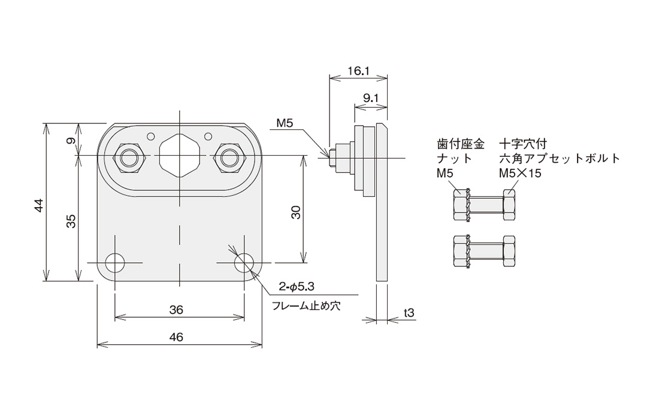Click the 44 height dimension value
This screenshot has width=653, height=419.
tap(38, 205)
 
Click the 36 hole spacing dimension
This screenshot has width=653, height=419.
tap(176, 309)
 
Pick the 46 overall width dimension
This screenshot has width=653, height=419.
tap(176, 337)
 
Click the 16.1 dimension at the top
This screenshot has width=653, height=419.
tap(358, 71)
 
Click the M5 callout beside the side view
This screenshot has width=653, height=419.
tap(285, 124)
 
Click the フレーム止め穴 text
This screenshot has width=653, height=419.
tap(306, 306)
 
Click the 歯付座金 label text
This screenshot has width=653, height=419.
tap(461, 144)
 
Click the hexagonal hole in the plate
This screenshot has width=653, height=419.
tap(179, 155)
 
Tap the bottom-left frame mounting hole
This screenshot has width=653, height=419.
tap(114, 262)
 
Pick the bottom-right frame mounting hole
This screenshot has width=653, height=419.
tap(244, 262)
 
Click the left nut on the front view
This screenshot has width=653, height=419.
tap(129, 157)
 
